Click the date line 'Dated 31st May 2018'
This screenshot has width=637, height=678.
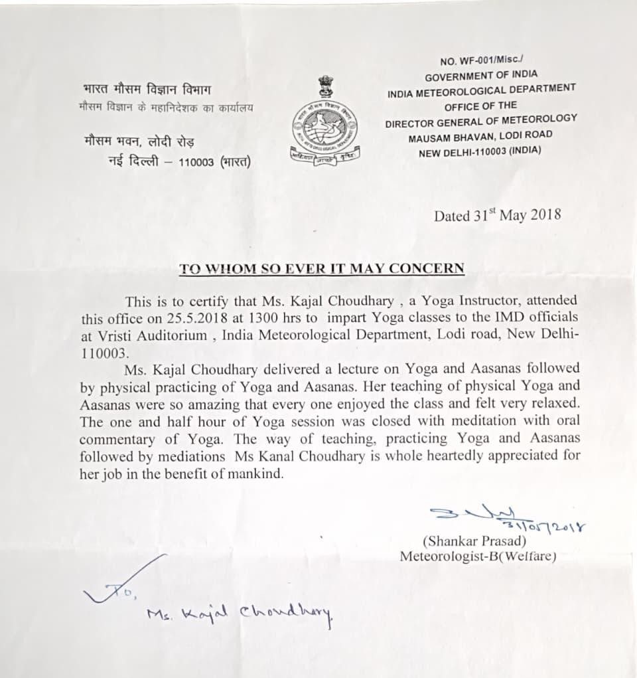[x=497, y=214]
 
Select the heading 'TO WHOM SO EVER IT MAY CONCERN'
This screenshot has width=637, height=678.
[x=322, y=269]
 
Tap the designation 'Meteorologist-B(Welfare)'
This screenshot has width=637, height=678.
[x=477, y=556]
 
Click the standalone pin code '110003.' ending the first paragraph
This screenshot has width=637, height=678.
[x=107, y=352]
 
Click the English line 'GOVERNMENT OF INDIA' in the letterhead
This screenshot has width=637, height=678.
[x=481, y=76]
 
